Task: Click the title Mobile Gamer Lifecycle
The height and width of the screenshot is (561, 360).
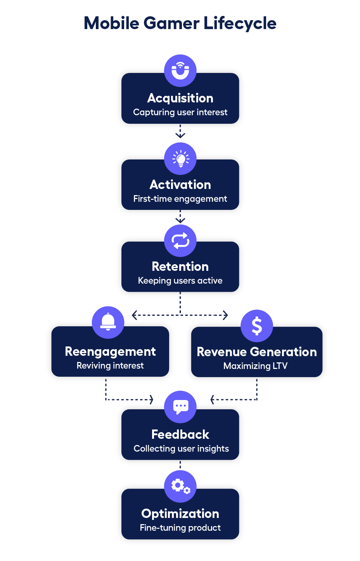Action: tap(180, 23)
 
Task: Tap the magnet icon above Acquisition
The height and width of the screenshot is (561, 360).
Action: tap(180, 71)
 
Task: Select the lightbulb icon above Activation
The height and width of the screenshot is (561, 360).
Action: tap(180, 159)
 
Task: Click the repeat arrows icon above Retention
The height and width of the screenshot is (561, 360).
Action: tap(180, 241)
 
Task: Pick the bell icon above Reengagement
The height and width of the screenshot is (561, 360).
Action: tap(108, 322)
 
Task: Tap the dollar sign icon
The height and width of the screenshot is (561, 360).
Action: tap(256, 326)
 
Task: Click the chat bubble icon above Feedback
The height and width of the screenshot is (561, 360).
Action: tap(180, 407)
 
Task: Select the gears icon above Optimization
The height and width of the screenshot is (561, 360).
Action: tap(180, 486)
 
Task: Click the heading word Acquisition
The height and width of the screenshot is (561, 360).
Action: tap(180, 98)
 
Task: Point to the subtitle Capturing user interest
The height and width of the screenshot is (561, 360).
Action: tap(180, 113)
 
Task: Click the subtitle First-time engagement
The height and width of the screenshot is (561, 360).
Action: tap(180, 199)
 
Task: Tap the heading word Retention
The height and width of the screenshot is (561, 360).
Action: tap(180, 267)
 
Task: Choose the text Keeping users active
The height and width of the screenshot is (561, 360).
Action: tap(180, 281)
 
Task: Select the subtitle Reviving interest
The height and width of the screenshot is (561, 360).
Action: tap(110, 366)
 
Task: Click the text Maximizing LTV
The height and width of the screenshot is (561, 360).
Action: tap(255, 366)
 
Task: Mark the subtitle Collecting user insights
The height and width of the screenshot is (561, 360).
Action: tap(181, 449)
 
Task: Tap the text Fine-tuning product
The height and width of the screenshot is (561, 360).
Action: tap(180, 528)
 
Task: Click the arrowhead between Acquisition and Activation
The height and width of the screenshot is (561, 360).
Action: tap(180, 135)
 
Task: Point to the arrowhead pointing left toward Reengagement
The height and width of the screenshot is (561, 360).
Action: tap(134, 315)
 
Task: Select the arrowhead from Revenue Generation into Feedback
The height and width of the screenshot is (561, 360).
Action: tap(212, 400)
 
